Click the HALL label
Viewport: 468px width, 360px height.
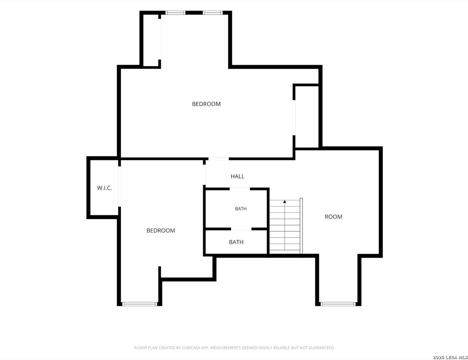(238, 176)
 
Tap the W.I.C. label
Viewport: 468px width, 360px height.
(104, 188)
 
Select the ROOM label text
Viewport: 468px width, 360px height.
(333, 217)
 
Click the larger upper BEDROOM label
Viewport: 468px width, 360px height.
(206, 104)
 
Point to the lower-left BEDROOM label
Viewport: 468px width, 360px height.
(161, 230)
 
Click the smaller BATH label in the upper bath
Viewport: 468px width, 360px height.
(241, 209)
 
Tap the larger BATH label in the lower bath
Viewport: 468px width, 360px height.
(236, 242)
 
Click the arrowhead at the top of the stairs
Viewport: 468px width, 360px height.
(285, 202)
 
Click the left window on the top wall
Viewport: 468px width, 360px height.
(175, 13)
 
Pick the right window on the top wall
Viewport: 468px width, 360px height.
(212, 13)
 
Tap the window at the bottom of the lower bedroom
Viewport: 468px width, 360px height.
(139, 304)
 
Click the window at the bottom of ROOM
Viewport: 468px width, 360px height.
(338, 304)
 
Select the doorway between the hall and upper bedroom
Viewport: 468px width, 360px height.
(218, 159)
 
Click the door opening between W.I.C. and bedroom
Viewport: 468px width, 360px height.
(119, 186)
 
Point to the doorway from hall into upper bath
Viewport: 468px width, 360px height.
(240, 189)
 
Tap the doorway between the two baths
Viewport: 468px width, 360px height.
(241, 229)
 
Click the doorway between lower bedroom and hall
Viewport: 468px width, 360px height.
(204, 175)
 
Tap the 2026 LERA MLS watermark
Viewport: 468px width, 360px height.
(450, 357)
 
